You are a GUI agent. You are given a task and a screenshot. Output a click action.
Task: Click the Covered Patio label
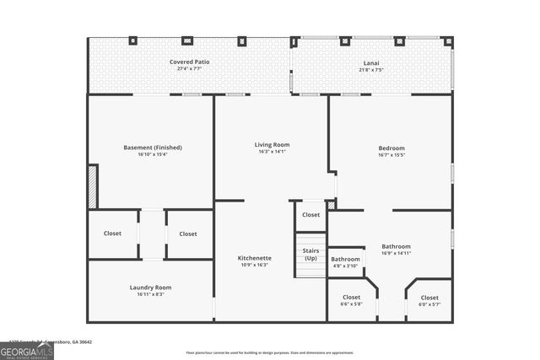[189, 62]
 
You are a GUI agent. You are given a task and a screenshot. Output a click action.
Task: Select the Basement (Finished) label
[153, 148]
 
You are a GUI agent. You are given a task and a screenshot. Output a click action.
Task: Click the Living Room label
[272, 144]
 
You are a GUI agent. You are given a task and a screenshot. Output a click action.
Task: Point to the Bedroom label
[391, 148]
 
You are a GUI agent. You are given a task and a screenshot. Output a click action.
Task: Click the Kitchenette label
[254, 258]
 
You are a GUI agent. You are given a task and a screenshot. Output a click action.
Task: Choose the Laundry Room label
[150, 287]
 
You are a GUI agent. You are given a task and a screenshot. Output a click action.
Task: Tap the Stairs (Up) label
[310, 254]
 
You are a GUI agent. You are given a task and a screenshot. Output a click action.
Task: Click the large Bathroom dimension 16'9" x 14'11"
[396, 253]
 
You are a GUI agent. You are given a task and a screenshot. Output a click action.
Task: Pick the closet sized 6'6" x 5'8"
[351, 304]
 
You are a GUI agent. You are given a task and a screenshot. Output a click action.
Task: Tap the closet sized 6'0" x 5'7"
[429, 304]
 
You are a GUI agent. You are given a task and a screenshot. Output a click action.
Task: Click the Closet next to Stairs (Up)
[310, 215]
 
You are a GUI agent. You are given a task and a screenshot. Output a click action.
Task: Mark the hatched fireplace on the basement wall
[93, 186]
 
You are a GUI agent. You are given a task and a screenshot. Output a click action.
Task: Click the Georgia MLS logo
[27, 349]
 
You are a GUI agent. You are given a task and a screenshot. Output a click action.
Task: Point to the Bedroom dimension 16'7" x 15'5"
[391, 155]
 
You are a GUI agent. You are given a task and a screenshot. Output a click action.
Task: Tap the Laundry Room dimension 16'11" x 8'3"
[150, 294]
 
